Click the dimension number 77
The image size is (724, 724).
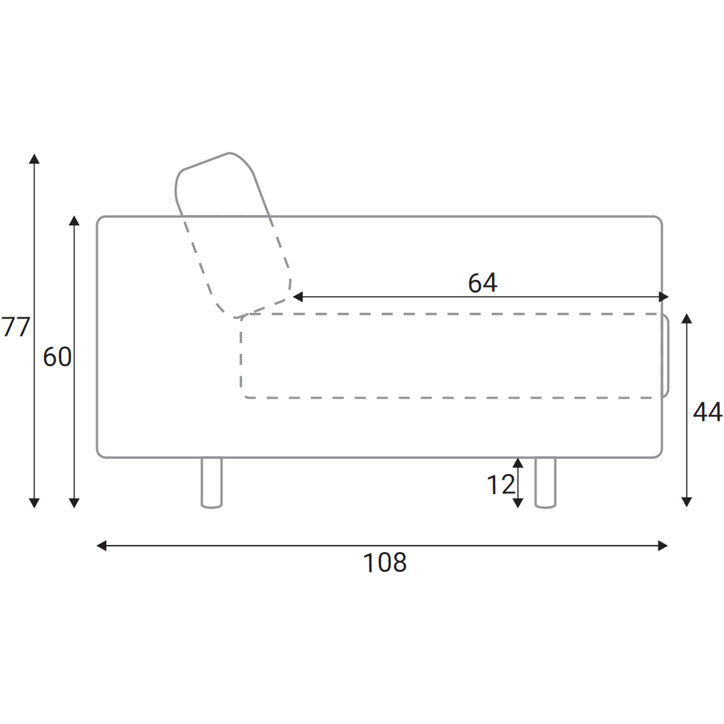coord(16,326)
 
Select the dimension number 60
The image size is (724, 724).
coord(57,357)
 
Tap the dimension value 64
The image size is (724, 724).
coord(483,283)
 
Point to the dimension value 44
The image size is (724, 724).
coord(707,411)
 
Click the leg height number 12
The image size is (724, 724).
coord(501,484)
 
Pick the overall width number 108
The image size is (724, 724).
coord(384,562)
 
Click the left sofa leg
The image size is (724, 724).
coord(212,483)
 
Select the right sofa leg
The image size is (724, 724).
coord(545,483)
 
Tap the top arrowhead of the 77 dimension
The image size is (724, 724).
coord(34,159)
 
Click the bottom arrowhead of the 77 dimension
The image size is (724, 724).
coord(34,503)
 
